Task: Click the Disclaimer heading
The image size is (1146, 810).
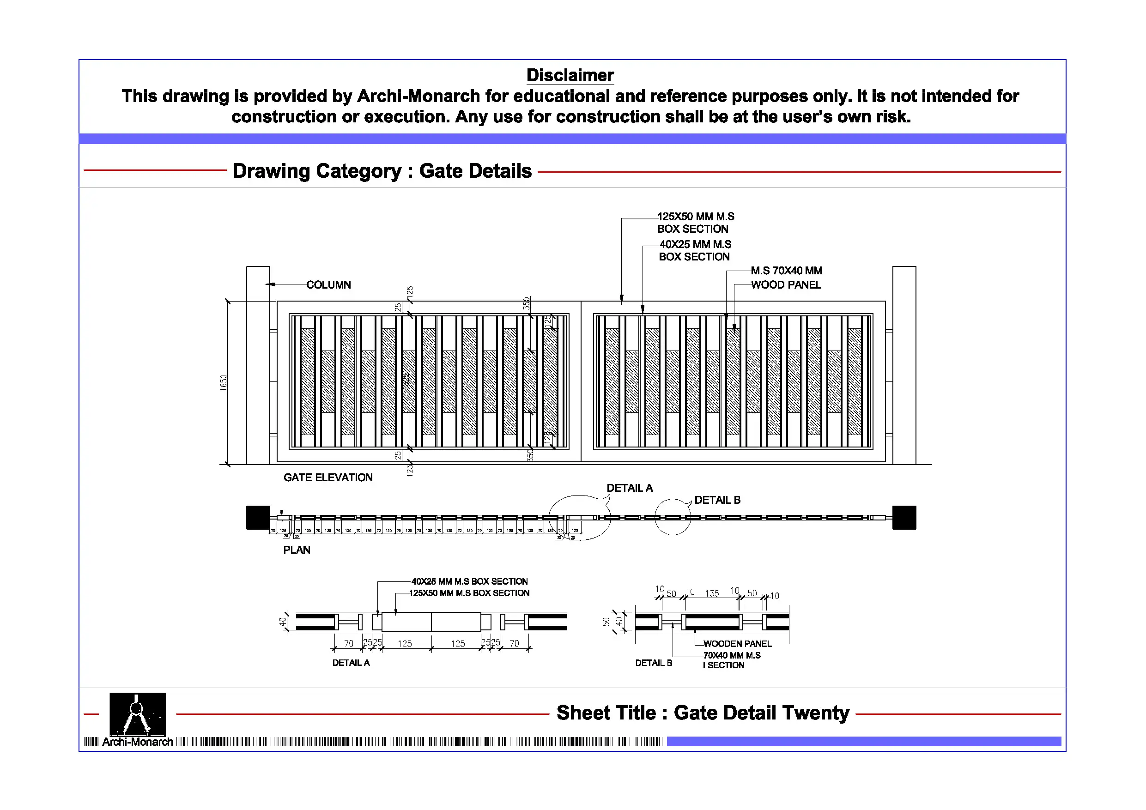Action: tap(570, 75)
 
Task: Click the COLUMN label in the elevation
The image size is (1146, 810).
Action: tap(328, 285)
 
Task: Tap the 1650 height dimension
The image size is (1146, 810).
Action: tap(223, 383)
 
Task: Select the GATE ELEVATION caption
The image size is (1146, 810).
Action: tap(328, 478)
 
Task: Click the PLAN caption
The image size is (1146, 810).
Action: tap(297, 550)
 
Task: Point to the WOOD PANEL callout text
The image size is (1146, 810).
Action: tap(786, 285)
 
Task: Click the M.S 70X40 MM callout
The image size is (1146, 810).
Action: tap(786, 271)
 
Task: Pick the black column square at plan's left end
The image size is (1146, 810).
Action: tap(258, 518)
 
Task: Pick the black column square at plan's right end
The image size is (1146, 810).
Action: tap(904, 518)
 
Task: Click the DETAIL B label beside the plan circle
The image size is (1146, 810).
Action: tap(717, 500)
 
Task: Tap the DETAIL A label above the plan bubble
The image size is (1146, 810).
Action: tap(630, 488)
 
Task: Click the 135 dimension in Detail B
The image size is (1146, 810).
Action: tap(712, 593)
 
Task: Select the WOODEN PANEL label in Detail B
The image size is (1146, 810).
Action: tap(737, 644)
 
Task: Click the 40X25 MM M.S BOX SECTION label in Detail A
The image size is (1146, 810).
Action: tap(469, 581)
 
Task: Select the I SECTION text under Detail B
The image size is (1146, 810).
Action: tap(723, 665)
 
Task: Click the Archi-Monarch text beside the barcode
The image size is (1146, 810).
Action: tap(137, 742)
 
